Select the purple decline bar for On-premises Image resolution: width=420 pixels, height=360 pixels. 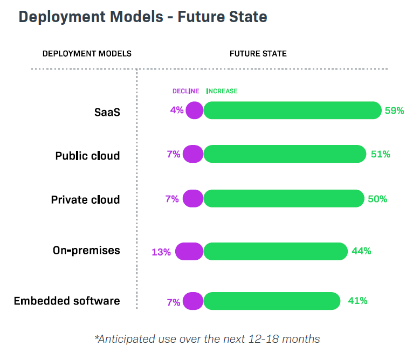(189, 251)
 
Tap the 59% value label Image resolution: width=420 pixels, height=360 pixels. (394, 110)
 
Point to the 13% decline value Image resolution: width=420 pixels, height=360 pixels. (161, 252)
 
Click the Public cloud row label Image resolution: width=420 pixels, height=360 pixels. (87, 156)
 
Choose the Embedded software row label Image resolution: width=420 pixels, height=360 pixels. (67, 301)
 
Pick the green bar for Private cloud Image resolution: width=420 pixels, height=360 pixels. (284, 198)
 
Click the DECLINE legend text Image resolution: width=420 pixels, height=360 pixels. (185, 91)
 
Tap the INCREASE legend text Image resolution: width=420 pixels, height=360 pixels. (222, 91)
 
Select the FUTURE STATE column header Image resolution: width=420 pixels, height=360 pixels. (258, 54)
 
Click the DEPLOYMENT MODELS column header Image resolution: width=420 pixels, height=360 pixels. (87, 54)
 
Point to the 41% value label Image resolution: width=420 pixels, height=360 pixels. (357, 301)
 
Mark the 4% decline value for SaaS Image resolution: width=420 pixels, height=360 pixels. (177, 110)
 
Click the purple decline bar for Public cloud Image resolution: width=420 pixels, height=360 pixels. (193, 154)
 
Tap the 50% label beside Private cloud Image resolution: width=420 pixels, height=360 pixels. (377, 199)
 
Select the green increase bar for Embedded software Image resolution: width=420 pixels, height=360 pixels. (272, 301)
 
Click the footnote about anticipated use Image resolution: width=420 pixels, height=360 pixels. (207, 339)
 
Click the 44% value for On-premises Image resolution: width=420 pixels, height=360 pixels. (361, 251)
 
